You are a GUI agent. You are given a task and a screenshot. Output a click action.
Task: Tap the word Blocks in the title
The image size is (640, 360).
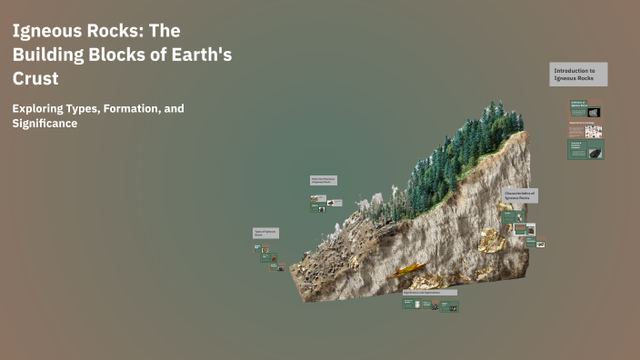tap(136, 55)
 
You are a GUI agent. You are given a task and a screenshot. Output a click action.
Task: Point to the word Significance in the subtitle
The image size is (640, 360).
tap(45, 124)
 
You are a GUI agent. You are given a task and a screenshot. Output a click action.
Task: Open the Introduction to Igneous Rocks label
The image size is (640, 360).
tap(579, 75)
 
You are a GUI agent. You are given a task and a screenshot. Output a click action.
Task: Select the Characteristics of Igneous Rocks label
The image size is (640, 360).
tap(519, 195)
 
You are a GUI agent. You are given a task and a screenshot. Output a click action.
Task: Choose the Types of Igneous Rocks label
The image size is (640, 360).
tap(265, 234)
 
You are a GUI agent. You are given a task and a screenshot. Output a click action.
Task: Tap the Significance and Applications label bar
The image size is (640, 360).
tap(430, 293)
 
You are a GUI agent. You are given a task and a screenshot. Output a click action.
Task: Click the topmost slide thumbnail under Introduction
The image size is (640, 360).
tap(585, 109)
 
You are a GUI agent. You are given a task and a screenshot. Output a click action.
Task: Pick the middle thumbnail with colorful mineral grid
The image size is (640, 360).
tap(585, 129)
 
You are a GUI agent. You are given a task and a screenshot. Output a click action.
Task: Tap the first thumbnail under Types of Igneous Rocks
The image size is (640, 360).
tap(258, 247)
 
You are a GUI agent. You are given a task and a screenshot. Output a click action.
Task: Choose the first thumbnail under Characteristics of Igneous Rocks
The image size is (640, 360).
tap(513, 216)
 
